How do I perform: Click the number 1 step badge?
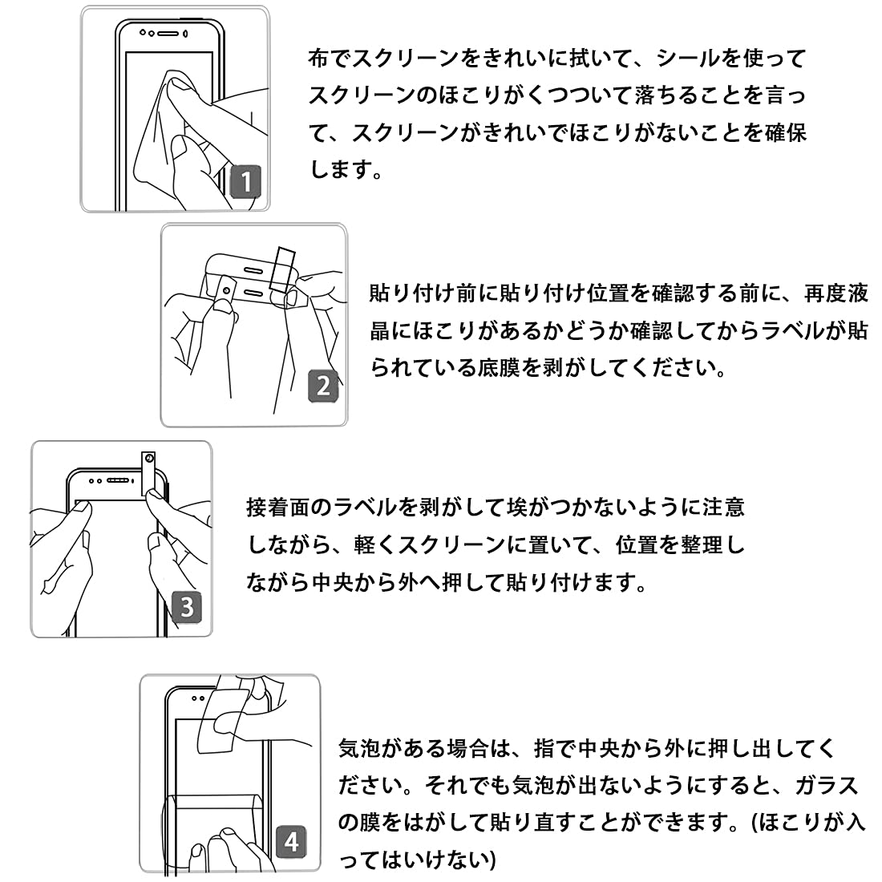tap(246, 181)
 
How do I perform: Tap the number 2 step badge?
tap(322, 386)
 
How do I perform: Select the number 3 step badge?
tap(187, 605)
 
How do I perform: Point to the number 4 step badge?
tap(291, 841)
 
